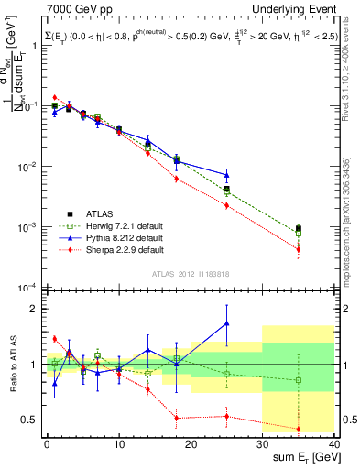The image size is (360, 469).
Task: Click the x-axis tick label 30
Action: click(262, 444)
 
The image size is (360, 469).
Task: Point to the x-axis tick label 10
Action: click(118, 444)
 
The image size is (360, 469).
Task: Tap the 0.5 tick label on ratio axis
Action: click(30, 420)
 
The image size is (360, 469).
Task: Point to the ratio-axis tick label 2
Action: click(35, 309)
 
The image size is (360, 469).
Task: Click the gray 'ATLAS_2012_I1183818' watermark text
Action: click(191, 273)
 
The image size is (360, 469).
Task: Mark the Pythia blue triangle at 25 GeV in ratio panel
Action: click(226, 323)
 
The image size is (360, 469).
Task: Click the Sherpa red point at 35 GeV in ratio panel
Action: click(298, 429)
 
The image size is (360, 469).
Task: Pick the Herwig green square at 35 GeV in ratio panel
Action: click(298, 380)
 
